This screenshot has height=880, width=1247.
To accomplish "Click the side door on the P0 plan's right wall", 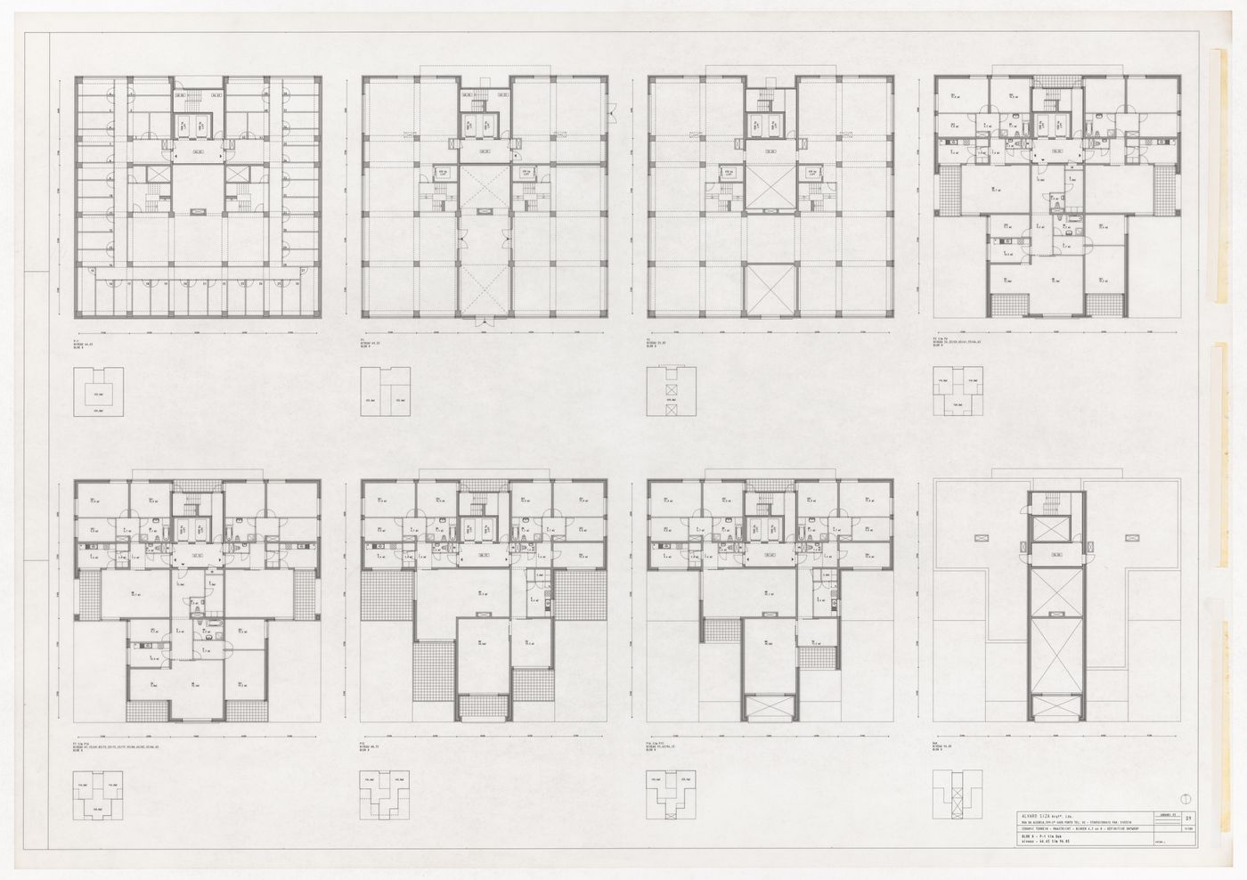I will pos(612,109).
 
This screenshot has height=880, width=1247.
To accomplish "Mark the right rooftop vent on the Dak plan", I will pos(1133,537).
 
